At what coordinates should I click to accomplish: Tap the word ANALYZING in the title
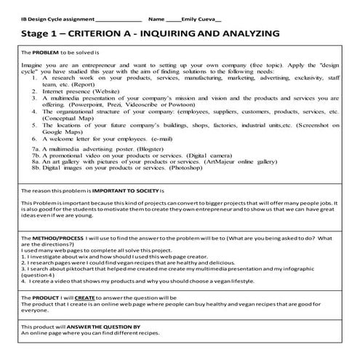(x=244, y=33)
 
